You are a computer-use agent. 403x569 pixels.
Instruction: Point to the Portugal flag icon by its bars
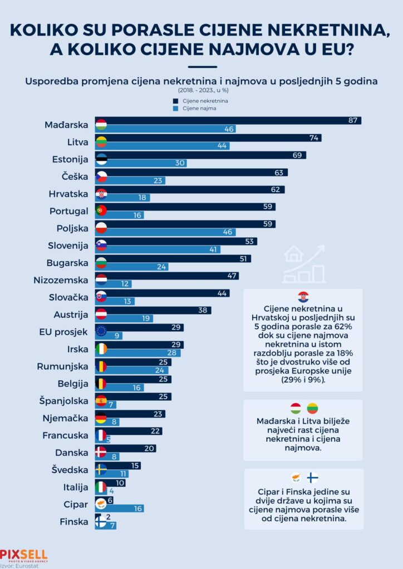[x=101, y=211]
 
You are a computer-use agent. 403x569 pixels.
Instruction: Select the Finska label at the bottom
[x=73, y=522]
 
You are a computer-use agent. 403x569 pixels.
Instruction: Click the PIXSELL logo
[x=24, y=555]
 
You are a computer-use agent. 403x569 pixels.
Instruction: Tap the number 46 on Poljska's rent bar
[x=229, y=232]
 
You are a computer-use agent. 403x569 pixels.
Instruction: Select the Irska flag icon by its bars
[x=101, y=348]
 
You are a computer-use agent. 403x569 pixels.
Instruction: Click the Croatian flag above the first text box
[x=303, y=297]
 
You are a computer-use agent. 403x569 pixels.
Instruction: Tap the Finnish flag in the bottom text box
[x=313, y=477]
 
